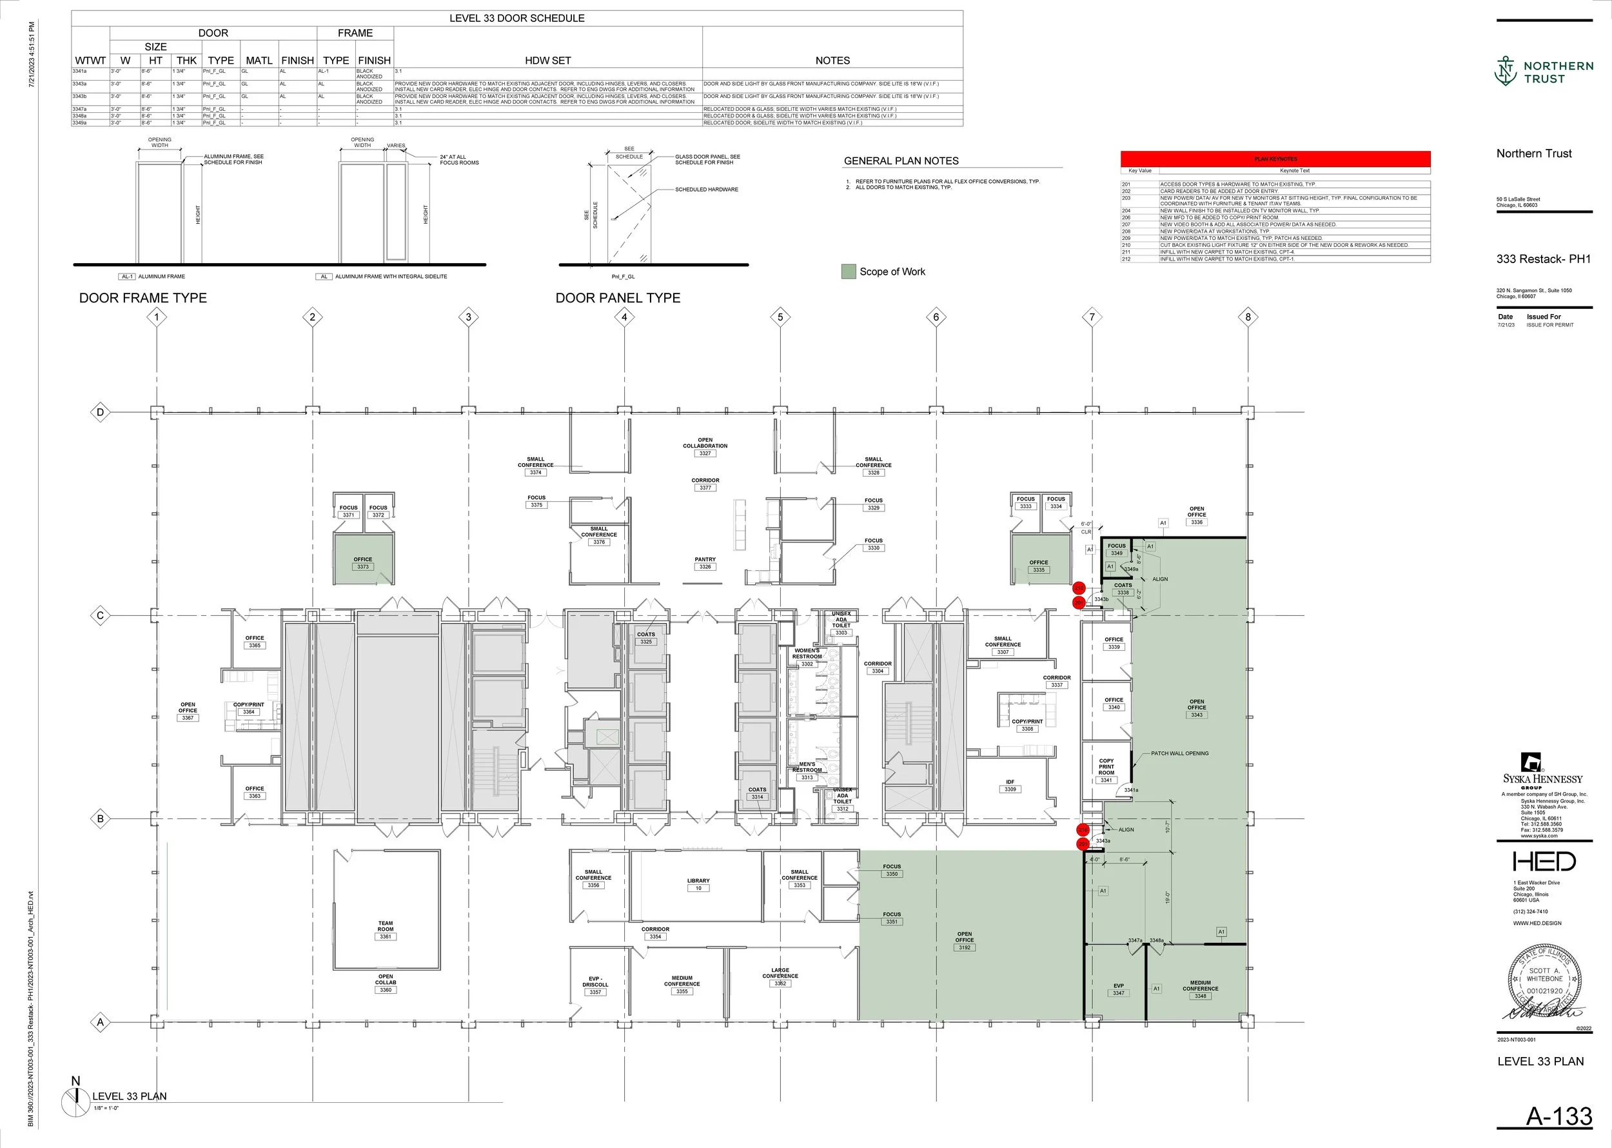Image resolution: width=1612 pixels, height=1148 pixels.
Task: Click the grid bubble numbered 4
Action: (x=624, y=317)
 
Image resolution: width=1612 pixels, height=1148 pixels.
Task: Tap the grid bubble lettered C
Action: (x=101, y=616)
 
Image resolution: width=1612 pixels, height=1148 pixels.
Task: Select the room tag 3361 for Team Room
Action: (x=385, y=936)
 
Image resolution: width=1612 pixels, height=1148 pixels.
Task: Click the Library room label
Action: (x=698, y=881)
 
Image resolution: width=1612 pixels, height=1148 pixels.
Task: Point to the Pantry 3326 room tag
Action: (x=705, y=566)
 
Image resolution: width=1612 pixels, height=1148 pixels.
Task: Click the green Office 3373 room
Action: (x=363, y=559)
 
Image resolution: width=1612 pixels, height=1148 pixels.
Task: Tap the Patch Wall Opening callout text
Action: (x=1179, y=753)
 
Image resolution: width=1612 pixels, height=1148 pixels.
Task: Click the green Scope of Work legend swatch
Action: (x=849, y=272)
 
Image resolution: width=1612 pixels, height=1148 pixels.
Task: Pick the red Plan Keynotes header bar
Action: (x=1275, y=159)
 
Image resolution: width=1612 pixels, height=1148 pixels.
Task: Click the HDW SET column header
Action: (x=547, y=61)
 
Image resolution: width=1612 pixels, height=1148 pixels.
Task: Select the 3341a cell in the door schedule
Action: (x=80, y=72)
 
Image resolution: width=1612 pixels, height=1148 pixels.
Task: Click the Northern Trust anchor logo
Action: (x=1506, y=72)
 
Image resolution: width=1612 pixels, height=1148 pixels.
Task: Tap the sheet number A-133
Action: (x=1559, y=1116)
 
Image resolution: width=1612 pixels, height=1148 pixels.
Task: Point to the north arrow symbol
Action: (x=75, y=1099)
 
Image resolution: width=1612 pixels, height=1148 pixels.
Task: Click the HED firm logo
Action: (x=1544, y=861)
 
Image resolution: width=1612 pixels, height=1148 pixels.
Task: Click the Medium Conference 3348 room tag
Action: (x=1200, y=996)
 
